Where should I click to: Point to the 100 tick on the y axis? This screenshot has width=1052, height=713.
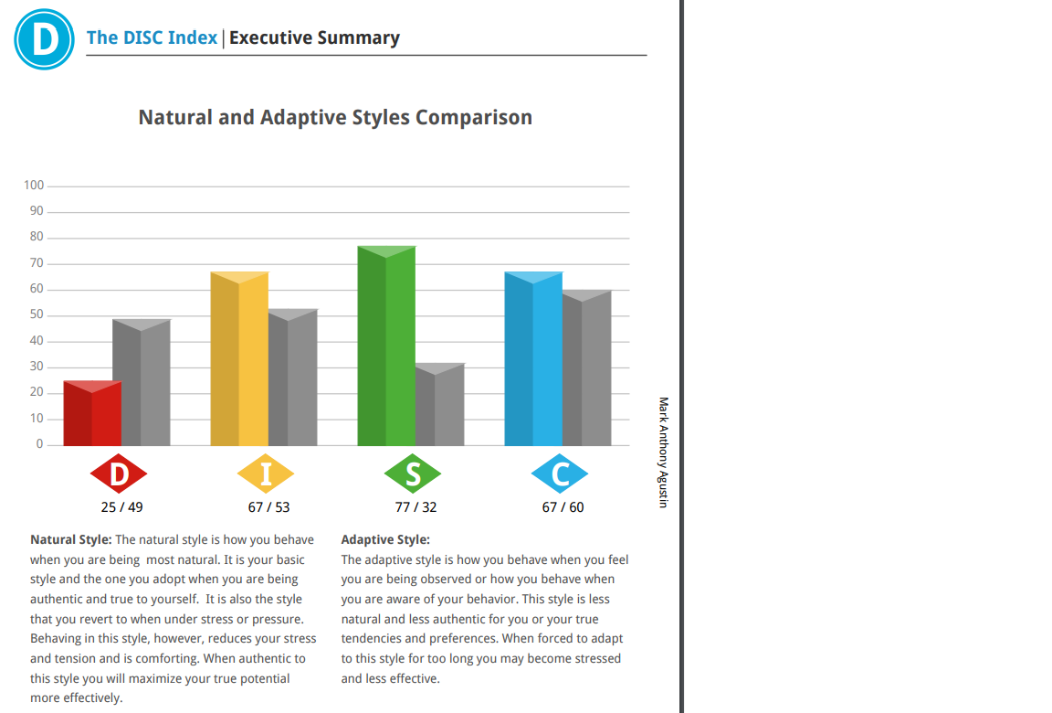[34, 186]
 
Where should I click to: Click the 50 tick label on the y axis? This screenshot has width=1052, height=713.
[37, 315]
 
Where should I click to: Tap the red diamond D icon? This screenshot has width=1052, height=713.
[119, 474]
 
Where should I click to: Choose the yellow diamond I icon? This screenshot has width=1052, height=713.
[266, 474]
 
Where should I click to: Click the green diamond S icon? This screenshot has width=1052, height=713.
[413, 474]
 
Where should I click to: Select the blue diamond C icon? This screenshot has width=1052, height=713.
[560, 474]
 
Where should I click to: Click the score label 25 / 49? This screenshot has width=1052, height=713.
[121, 507]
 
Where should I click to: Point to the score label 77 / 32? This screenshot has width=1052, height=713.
[416, 507]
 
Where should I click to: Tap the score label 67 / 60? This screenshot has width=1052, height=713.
[563, 507]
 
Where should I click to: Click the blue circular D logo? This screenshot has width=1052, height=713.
[44, 38]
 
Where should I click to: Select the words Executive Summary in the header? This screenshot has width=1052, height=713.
[314, 38]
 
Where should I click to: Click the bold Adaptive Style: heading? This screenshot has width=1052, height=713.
[385, 540]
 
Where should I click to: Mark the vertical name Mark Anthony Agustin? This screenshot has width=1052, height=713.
[664, 452]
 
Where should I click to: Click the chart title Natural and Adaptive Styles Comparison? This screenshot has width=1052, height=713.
[335, 118]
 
